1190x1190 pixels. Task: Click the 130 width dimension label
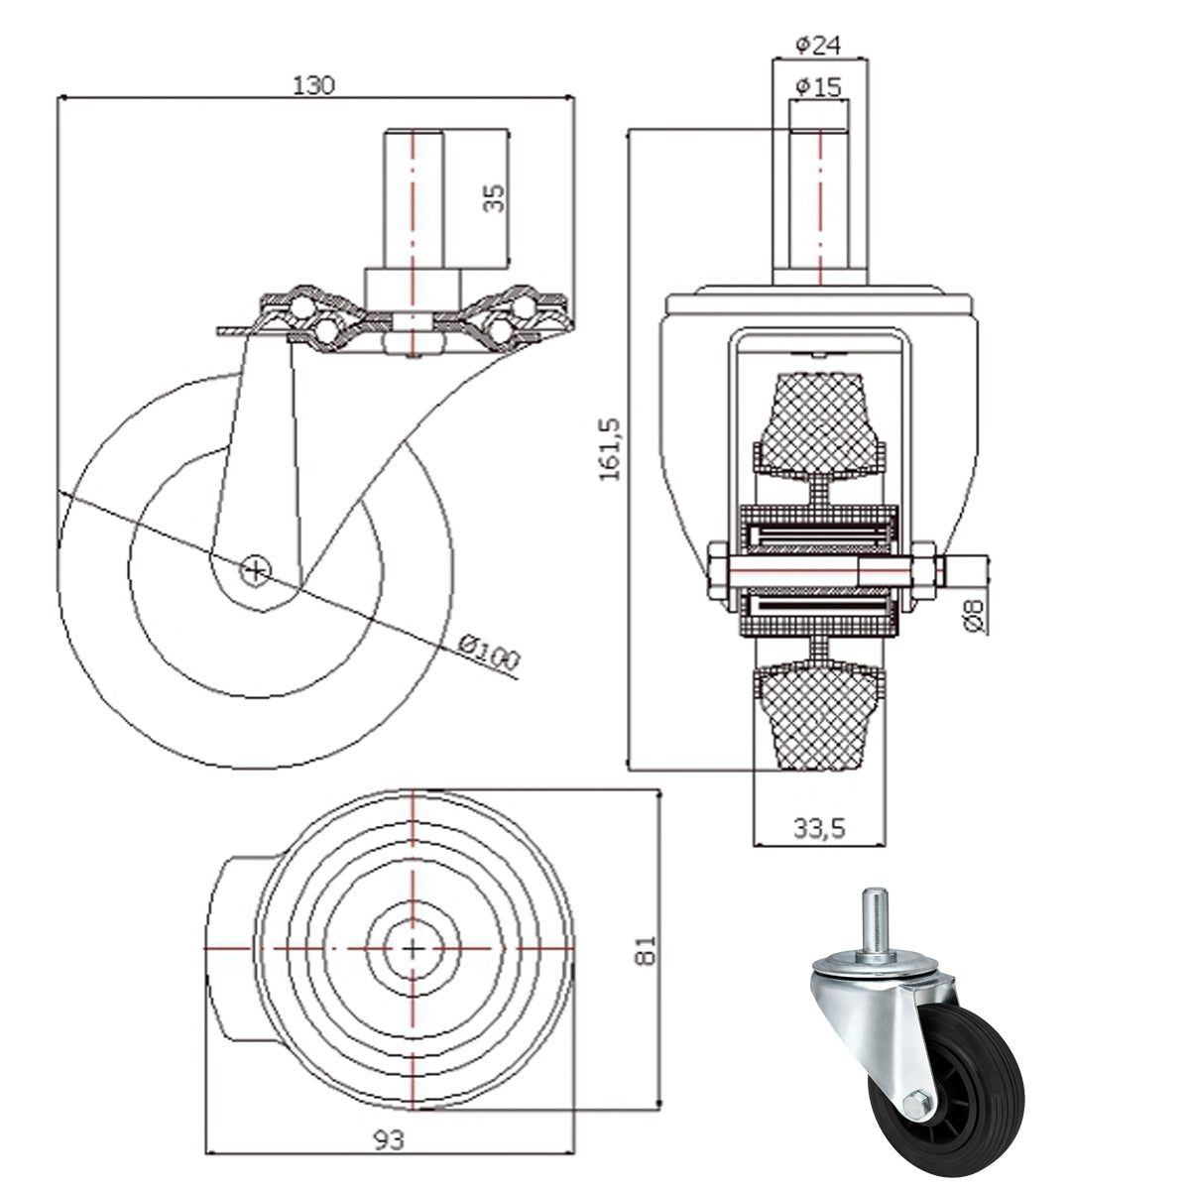point(313,85)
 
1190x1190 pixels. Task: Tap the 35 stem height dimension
point(494,197)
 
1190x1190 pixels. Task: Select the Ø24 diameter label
point(818,45)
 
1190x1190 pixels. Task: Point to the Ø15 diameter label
point(818,86)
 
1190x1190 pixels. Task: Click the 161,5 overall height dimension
point(609,449)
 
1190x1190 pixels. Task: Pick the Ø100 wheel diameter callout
point(489,652)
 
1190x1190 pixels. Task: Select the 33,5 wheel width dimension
point(819,828)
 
